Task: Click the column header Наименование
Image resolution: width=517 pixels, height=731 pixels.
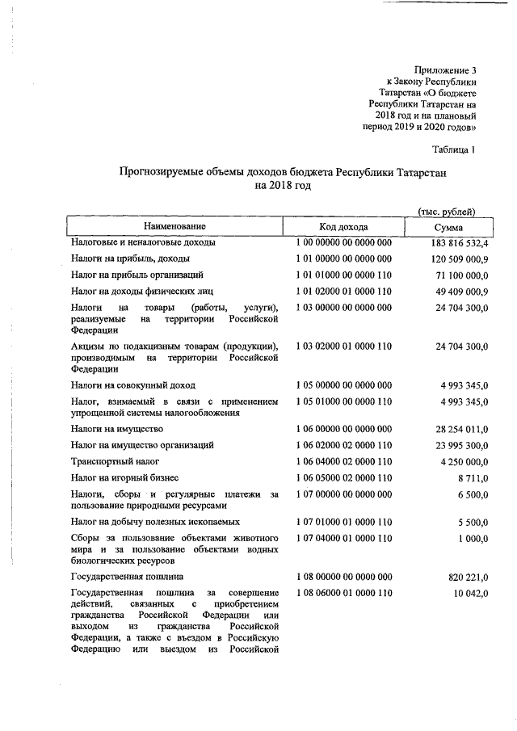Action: click(175, 227)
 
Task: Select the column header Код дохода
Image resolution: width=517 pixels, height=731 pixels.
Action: click(343, 227)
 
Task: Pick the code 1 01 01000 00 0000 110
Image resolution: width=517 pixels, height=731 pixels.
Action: click(343, 275)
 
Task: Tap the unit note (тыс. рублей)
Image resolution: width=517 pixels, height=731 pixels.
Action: click(448, 211)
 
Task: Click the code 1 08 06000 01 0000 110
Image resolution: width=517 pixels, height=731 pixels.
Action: click(343, 594)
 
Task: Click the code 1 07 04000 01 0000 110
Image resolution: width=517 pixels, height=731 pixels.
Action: click(343, 538)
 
